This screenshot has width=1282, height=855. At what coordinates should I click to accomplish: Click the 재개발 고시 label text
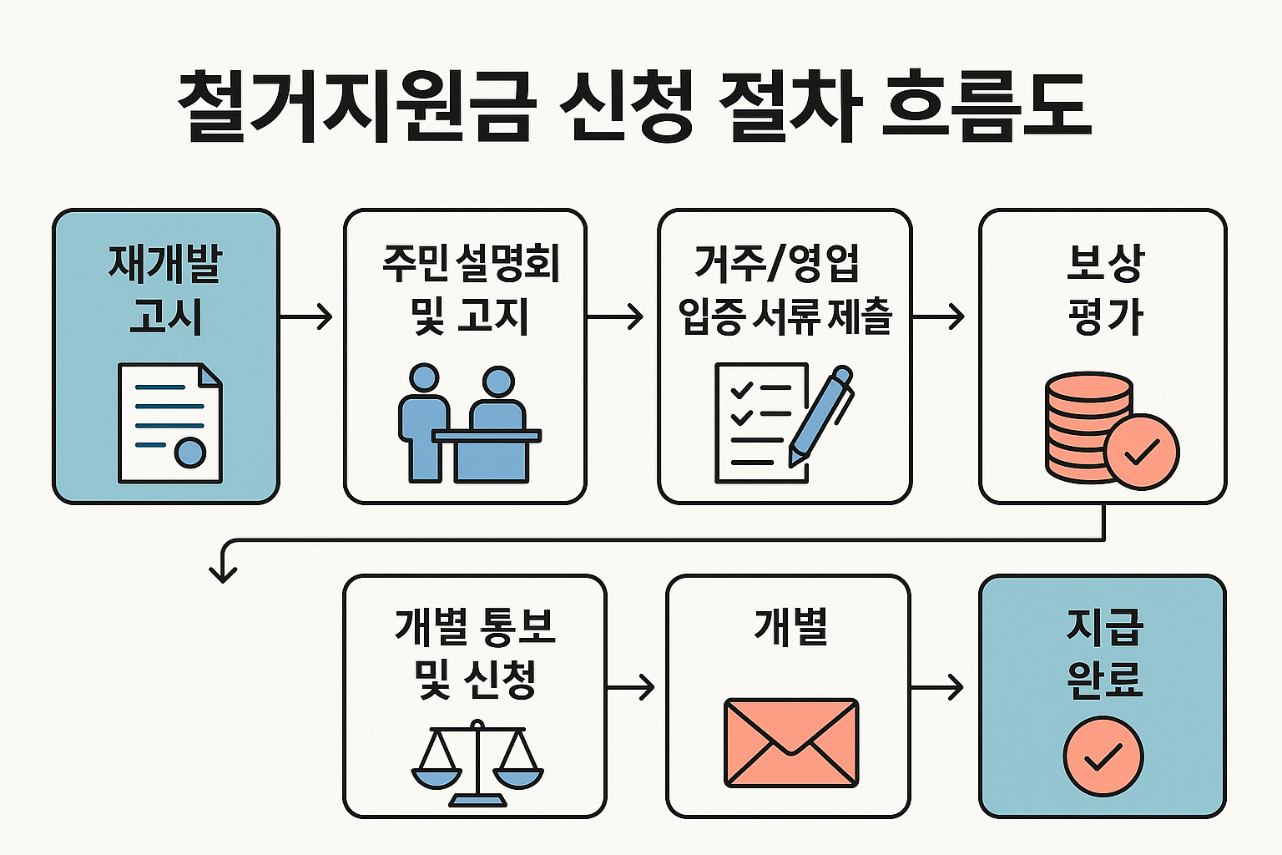pos(165,289)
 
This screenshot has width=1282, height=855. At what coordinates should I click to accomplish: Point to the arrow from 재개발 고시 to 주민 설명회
pos(306,316)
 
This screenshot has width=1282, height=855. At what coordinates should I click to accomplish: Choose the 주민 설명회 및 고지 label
pos(470,289)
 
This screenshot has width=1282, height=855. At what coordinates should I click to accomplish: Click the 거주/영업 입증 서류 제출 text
pos(785,289)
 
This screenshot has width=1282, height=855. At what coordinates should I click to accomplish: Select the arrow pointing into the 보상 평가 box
pos(939,316)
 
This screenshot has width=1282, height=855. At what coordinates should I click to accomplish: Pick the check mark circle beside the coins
pos(1142,452)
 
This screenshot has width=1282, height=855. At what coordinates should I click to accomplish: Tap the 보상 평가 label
pos(1104,289)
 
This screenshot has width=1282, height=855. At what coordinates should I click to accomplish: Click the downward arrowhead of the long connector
pos(223,572)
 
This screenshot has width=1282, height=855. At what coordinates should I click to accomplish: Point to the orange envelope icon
pos(790,742)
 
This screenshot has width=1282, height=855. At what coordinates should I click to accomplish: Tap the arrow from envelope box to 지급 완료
pos(937,687)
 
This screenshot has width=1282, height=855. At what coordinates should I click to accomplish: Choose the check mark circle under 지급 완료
pos(1103,756)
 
